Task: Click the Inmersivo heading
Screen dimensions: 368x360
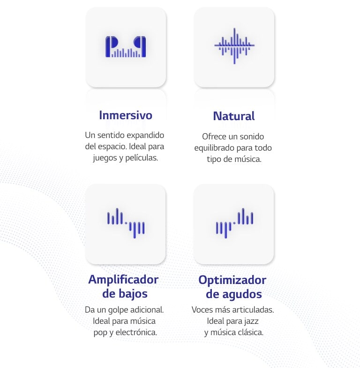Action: pos(126,115)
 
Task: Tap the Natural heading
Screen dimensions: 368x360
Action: pos(234,116)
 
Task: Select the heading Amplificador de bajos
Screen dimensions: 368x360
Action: pos(124,286)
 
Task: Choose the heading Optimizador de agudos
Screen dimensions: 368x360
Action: pos(232,287)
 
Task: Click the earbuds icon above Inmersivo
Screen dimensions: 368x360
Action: pos(126,46)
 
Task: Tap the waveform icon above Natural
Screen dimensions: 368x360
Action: pos(234,46)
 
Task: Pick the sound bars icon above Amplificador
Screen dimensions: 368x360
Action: pos(126,222)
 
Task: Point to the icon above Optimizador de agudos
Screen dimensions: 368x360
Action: pos(234,222)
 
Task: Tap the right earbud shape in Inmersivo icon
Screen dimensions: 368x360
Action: pos(141,46)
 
